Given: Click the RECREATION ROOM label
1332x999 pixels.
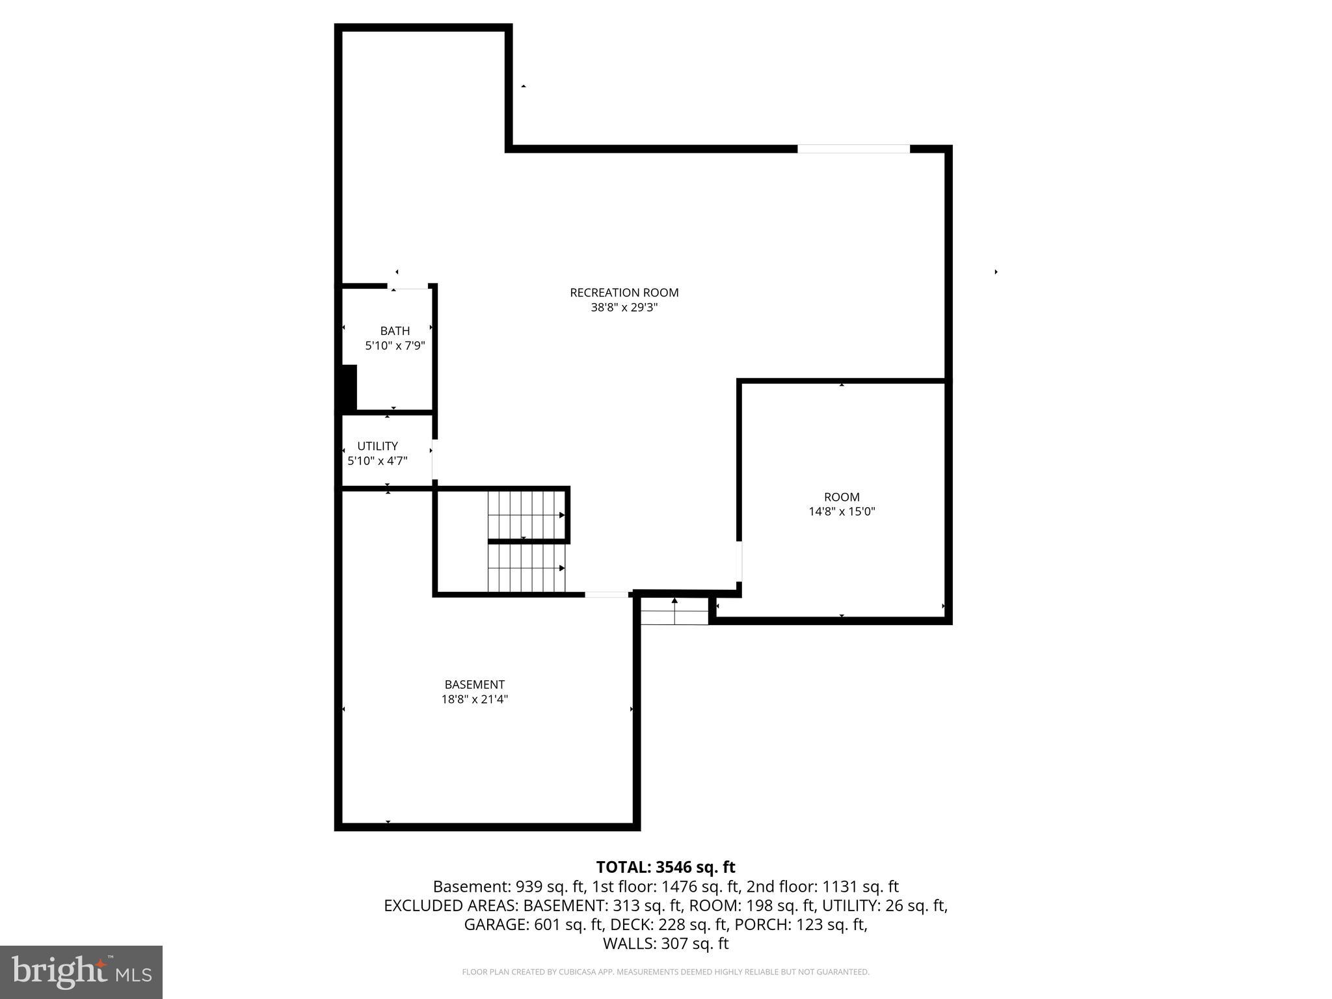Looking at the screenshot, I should [624, 293].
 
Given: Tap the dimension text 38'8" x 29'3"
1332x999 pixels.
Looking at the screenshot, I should [624, 308].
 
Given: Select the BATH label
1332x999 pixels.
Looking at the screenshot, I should [395, 331].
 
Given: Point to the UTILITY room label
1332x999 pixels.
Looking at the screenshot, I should [377, 446].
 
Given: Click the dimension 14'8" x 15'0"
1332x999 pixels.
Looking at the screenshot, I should [841, 512].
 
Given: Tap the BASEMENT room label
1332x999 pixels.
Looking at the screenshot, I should [474, 685].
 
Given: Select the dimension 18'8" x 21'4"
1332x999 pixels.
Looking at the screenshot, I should [474, 700].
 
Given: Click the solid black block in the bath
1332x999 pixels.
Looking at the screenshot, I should [349, 388].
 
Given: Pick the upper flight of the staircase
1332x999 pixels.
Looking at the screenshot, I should [526, 514].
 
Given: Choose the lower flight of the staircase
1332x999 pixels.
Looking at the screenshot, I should [526, 568].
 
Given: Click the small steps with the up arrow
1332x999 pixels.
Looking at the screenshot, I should [674, 612].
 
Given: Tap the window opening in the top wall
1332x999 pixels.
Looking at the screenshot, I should [853, 149].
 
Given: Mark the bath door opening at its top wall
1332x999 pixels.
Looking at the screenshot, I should [408, 286].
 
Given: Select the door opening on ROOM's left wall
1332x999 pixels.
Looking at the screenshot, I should [739, 561].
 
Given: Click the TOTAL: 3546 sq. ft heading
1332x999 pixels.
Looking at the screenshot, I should [665, 867].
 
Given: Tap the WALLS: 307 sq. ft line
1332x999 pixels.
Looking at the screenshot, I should [665, 944].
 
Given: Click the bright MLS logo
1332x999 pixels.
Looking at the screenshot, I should [81, 972].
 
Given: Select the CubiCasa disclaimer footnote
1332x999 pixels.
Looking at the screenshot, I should [665, 972].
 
